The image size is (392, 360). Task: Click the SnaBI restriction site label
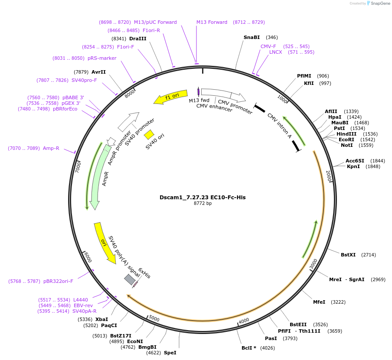click(252, 37)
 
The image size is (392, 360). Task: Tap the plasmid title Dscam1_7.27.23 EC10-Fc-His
click(203, 197)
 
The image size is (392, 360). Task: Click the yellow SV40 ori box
click(149, 134)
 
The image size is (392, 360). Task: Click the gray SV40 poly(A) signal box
click(129, 279)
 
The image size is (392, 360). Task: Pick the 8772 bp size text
click(203, 203)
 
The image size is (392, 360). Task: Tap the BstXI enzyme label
click(348, 255)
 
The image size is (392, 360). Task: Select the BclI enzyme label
click(249, 348)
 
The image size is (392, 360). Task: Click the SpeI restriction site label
click(170, 353)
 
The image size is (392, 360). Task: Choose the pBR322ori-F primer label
click(58, 281)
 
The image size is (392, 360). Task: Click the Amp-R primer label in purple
click(51, 148)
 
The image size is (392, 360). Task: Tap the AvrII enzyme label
click(98, 72)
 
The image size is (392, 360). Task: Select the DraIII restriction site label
click(138, 39)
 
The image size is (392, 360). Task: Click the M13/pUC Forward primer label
click(155, 22)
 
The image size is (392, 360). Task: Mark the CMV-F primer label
click(268, 46)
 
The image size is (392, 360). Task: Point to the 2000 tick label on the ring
click(329, 176)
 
